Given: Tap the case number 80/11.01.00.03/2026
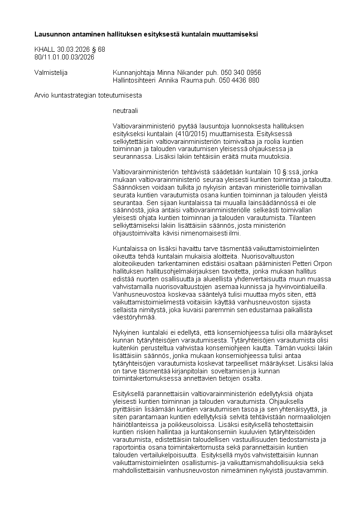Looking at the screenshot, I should [64, 57].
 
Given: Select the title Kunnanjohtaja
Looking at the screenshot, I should [134, 73].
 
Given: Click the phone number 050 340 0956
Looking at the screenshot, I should [240, 73].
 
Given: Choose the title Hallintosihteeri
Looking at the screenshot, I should [134, 80].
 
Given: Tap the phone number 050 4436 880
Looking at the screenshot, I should [239, 80].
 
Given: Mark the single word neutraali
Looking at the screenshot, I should [125, 110].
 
